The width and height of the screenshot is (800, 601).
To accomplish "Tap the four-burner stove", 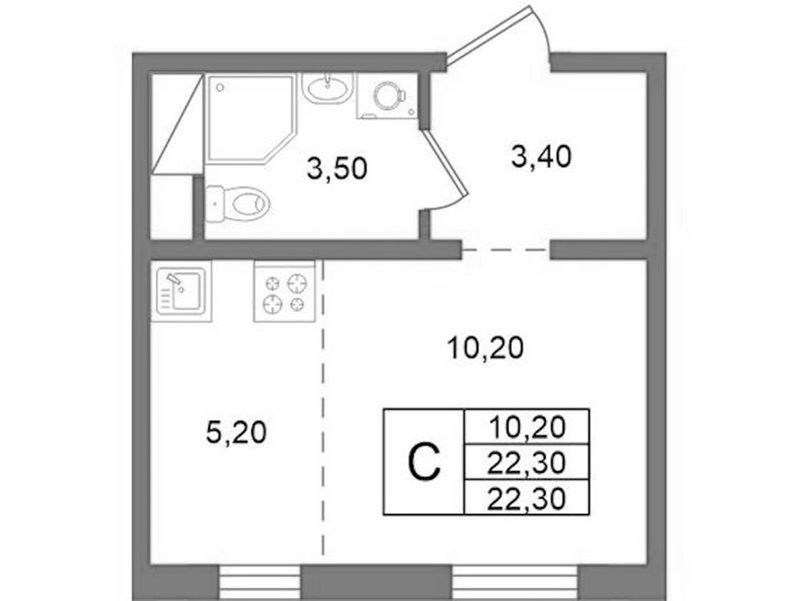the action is [x=284, y=291].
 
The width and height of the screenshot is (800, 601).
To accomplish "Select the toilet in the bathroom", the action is [x=237, y=205].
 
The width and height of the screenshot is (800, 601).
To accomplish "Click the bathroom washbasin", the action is [x=327, y=89].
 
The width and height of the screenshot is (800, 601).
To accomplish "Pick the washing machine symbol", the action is [x=387, y=96].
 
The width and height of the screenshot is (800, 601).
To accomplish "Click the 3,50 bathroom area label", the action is [x=337, y=168].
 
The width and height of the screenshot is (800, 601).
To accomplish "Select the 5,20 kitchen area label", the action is [x=236, y=433].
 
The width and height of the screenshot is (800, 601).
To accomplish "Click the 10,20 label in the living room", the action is [x=485, y=349].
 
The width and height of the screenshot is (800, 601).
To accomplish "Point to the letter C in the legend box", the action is [x=424, y=462].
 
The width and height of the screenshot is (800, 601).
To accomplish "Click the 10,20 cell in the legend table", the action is [x=527, y=427].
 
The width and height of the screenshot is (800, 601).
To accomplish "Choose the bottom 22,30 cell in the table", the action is [x=527, y=497].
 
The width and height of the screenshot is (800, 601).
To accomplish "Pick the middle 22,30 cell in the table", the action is [x=527, y=462].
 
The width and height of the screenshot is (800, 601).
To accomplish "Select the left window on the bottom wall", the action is [x=260, y=582].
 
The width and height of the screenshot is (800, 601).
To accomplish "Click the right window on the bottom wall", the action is [x=516, y=582].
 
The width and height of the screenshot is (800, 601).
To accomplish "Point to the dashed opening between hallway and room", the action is [x=506, y=250].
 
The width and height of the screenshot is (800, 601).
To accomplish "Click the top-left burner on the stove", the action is [x=273, y=282].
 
